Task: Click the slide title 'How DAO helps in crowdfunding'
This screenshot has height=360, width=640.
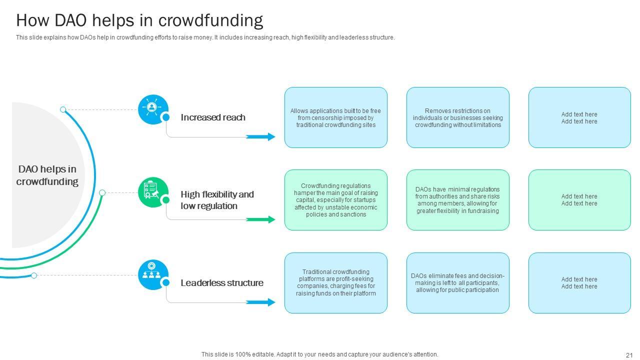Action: point(139,20)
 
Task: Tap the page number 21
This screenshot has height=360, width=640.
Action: point(629,355)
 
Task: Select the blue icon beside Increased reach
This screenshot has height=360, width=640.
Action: point(152,109)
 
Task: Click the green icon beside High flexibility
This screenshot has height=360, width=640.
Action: point(152,192)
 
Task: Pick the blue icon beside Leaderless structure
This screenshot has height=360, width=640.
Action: point(152,274)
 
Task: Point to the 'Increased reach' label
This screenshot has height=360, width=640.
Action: point(213,117)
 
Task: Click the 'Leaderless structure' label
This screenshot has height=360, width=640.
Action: point(222,283)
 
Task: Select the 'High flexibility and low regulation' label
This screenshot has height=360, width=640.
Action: point(217,200)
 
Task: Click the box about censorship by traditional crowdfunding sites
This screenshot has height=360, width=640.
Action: point(336,117)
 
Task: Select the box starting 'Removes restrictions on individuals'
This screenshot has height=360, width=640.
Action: point(458,117)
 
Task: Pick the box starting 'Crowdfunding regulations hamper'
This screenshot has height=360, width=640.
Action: point(336,200)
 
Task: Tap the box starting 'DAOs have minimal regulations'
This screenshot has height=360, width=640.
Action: point(458,200)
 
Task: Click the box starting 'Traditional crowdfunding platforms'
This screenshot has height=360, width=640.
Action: point(336,283)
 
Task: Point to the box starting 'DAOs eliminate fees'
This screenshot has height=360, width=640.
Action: point(458,283)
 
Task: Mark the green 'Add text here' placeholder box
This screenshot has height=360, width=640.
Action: point(579,200)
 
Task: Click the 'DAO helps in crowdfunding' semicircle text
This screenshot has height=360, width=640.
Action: point(47,175)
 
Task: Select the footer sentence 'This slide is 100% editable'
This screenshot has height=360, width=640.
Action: point(320,354)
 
